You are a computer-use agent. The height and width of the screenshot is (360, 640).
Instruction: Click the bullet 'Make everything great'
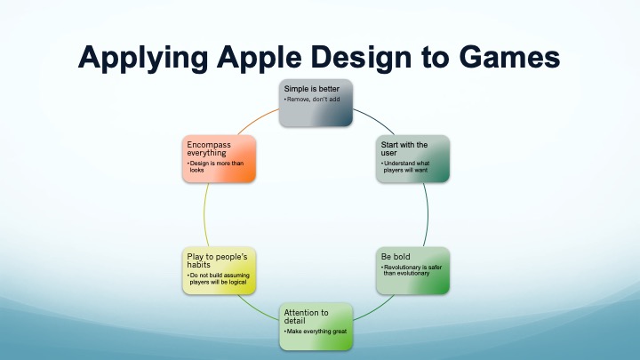[315, 331]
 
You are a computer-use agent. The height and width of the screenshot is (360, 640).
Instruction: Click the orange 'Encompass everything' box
[219, 160]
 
